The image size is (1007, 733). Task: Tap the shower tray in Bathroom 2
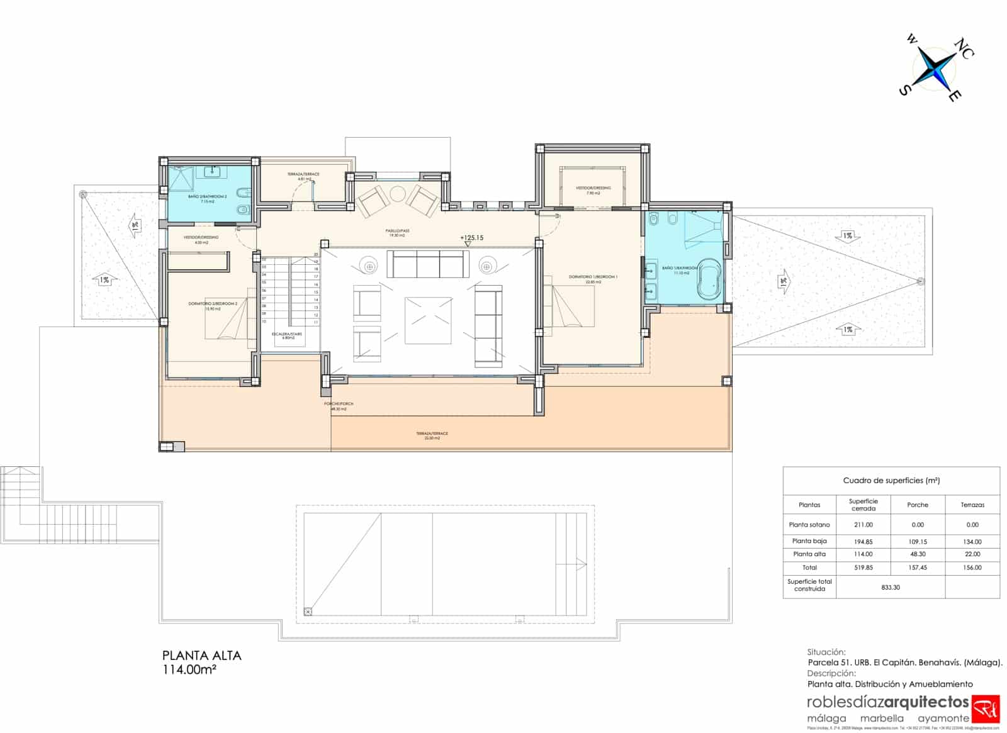182,177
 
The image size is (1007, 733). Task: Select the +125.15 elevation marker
471,238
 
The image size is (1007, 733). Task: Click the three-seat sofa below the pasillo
427,264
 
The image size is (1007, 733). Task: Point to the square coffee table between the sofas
428,320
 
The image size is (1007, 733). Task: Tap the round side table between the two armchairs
398,194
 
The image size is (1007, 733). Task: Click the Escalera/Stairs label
287,335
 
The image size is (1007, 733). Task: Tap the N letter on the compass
960,45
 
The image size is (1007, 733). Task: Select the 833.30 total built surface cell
890,587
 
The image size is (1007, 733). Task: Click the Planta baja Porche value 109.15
918,541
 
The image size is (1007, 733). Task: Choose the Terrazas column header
972,505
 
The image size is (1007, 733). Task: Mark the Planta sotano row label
809,524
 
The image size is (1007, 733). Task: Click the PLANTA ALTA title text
201,656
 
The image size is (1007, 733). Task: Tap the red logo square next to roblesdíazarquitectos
986,709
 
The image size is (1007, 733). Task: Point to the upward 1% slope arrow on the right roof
847,330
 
